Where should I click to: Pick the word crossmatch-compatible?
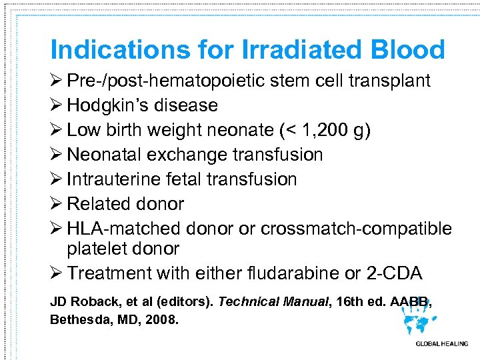356,229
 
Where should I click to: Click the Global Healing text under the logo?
442,344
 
